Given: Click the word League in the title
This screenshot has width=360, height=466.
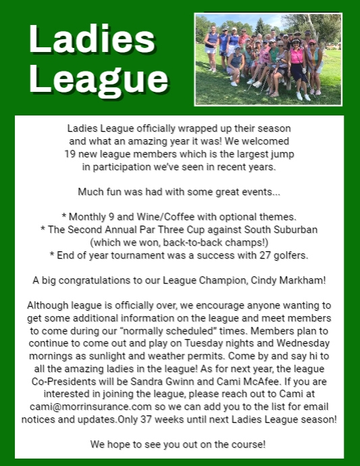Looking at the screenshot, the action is click(x=99, y=80).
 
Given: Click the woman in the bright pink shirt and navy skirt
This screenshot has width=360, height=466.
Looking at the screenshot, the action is click(x=295, y=68).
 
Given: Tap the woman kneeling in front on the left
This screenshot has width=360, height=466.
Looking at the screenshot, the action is click(x=235, y=66).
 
